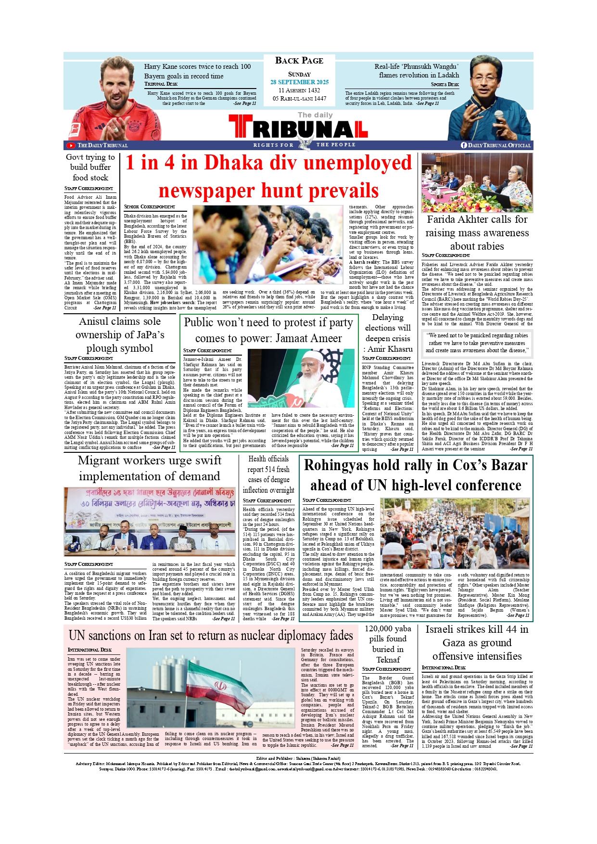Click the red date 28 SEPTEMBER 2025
click(299, 82)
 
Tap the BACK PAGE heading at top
click(299, 61)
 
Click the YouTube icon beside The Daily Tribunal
click(71, 145)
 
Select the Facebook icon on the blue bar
click(464, 145)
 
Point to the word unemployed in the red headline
click(357, 163)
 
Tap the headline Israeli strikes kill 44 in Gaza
click(477, 642)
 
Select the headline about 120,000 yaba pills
click(388, 644)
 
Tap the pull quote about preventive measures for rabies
click(477, 343)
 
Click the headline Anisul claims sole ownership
click(120, 334)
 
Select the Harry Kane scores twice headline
click(197, 71)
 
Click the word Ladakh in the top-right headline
click(448, 75)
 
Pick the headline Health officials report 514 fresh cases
click(268, 474)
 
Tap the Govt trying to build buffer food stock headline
click(90, 167)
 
